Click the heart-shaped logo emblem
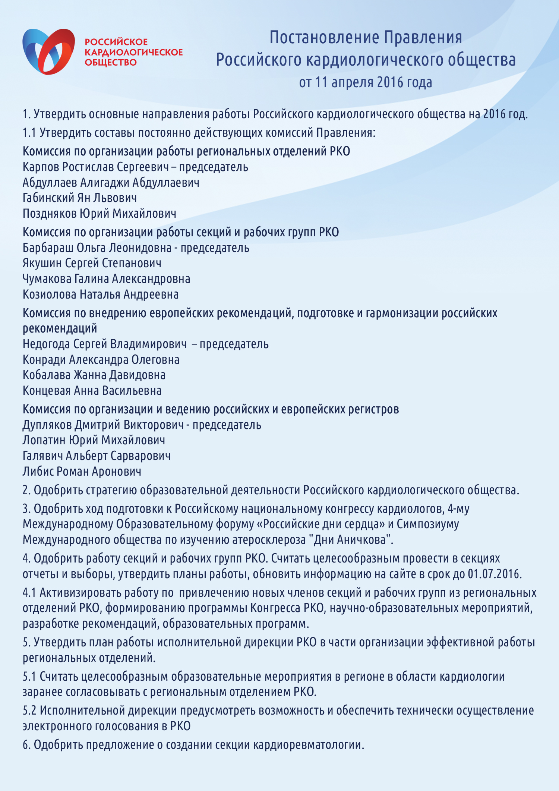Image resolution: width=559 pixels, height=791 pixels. coord(48,51)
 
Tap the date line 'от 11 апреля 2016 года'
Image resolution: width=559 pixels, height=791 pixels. coord(365,82)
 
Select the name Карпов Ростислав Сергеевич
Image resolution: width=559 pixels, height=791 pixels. coord(96,167)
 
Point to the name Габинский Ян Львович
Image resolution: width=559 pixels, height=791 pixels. coord(80,198)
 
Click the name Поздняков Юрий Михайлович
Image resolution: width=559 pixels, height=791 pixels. coord(100,214)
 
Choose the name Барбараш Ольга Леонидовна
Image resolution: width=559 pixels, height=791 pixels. coord(97,248)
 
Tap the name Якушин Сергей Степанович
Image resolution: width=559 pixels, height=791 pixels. coord(92,263)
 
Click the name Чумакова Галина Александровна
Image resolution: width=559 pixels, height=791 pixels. coord(106,279)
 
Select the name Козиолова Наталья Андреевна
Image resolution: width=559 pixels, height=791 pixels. coord(101,294)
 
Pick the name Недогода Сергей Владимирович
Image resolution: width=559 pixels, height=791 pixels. coord(105,344)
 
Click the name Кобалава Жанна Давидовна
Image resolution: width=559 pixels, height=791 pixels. coord(94,375)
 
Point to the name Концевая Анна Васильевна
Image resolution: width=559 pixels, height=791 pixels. coord(92,391)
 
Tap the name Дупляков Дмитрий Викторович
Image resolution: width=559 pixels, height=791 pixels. coord(103,425)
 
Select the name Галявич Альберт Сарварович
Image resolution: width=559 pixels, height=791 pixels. coord(97,456)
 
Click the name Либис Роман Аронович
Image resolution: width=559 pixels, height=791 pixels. coord(82,472)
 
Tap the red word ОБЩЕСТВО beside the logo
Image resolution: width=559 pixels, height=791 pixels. coord(111,63)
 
